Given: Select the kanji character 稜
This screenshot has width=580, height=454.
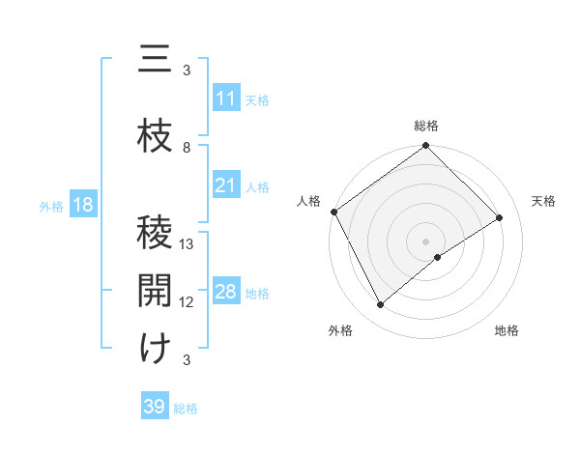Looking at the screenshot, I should pyautogui.click(x=155, y=233).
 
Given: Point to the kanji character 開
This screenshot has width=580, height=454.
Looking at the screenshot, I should pyautogui.click(x=155, y=291).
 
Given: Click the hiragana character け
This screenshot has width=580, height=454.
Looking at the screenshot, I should pyautogui.click(x=155, y=349).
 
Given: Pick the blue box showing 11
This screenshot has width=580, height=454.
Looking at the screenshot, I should pyautogui.click(x=226, y=99).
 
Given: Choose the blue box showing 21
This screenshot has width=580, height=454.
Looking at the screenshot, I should pyautogui.click(x=226, y=186).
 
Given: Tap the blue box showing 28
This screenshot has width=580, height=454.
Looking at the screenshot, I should pyautogui.click(x=226, y=293).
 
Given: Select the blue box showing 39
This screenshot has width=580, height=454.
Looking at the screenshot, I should pyautogui.click(x=155, y=407).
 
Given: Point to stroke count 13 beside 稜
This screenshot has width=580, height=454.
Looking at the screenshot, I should pyautogui.click(x=188, y=244).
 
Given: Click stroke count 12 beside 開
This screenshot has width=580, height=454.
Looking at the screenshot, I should pyautogui.click(x=188, y=302).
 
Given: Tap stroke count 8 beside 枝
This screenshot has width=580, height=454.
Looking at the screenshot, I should pyautogui.click(x=188, y=148).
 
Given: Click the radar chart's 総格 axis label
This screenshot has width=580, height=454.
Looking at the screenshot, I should pyautogui.click(x=426, y=126).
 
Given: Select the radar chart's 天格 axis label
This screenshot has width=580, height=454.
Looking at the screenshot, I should pyautogui.click(x=544, y=201).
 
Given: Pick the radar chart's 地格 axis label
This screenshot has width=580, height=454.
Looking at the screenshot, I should pyautogui.click(x=507, y=330).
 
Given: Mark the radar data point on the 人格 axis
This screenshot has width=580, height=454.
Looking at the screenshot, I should pyautogui.click(x=333, y=212).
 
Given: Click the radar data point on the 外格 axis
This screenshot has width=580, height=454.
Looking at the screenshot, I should pyautogui.click(x=380, y=305).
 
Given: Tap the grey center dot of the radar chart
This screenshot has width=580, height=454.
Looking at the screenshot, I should pyautogui.click(x=425, y=240).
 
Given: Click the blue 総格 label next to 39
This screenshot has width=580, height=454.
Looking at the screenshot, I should pyautogui.click(x=186, y=409).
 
